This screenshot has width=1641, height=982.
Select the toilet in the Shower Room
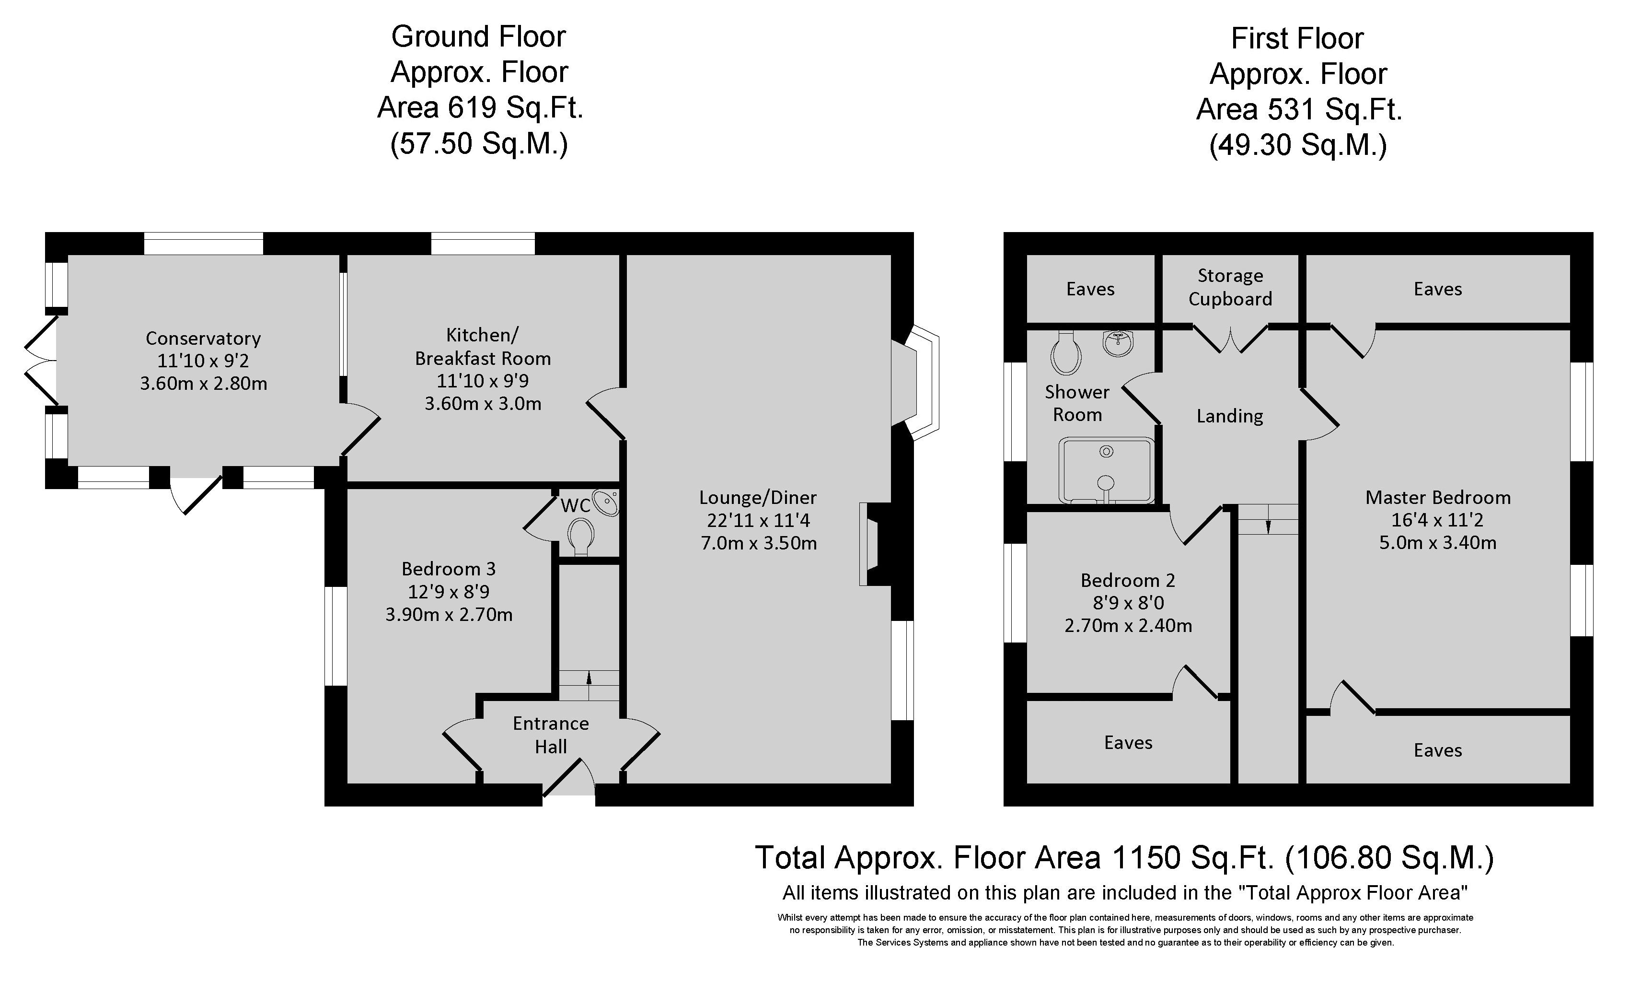point(1065,353)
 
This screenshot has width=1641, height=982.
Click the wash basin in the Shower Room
point(1119,343)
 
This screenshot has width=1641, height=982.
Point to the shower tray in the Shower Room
point(1107,470)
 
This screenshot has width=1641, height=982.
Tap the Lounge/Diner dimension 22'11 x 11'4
point(759,520)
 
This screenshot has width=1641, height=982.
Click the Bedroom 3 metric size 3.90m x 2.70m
point(449,615)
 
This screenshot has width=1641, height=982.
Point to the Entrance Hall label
point(551,735)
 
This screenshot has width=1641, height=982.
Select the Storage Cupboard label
point(1230,287)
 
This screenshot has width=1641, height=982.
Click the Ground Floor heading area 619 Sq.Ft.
point(480,108)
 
